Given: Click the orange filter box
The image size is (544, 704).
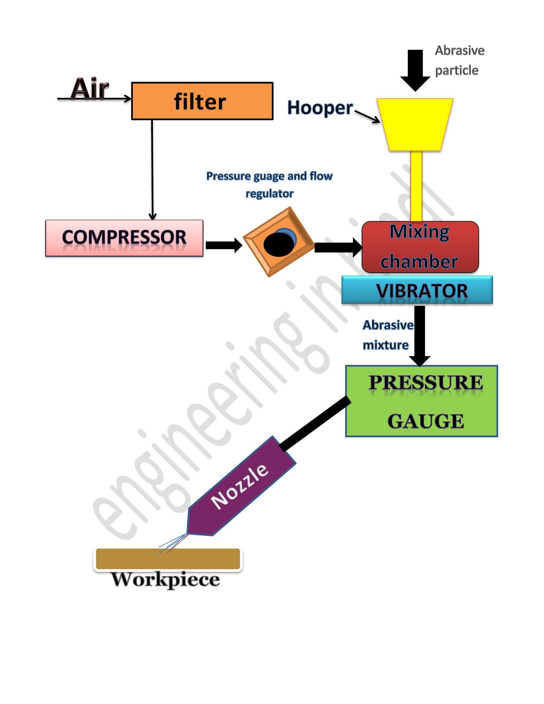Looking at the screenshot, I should [x=202, y=101].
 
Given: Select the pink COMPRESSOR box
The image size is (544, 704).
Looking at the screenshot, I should [x=124, y=238].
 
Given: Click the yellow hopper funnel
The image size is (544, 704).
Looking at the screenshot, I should [x=415, y=124].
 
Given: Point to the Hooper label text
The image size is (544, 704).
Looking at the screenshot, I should [x=320, y=108].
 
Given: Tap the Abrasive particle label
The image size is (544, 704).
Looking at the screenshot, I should [x=459, y=60].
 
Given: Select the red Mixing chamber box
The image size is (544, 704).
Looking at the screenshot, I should [x=420, y=247].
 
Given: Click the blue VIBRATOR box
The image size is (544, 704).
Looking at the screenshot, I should [x=417, y=290].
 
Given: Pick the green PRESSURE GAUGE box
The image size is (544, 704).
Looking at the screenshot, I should [x=421, y=401].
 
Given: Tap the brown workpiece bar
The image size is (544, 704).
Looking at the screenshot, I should [x=168, y=559].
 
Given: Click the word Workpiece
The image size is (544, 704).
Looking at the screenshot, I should [x=166, y=580].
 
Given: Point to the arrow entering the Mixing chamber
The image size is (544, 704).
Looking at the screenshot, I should [x=338, y=247].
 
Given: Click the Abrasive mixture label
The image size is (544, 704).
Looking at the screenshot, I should [x=387, y=335].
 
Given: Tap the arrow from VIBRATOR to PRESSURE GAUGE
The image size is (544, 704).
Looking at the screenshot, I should [x=420, y=335].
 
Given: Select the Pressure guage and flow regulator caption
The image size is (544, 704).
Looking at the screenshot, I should [x=269, y=185].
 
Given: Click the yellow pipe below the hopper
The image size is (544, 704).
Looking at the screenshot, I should [x=416, y=186].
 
